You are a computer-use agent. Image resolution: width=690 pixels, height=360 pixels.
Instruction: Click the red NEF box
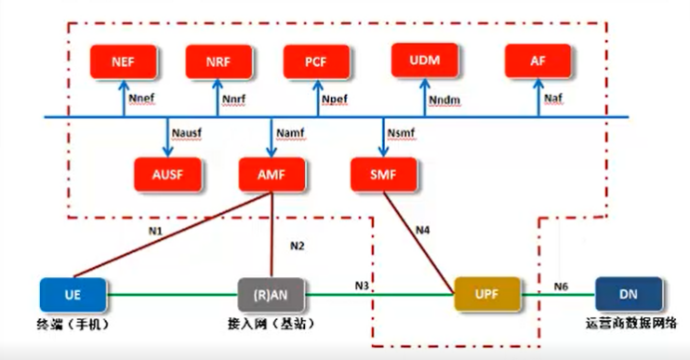[125, 62]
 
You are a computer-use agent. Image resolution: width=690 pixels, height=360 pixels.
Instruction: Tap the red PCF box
[317, 62]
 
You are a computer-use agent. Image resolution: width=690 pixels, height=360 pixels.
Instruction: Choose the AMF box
[270, 174]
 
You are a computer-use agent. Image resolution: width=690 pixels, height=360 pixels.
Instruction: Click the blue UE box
[73, 294]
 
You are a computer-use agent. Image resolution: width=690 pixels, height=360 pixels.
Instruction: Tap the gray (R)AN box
[270, 294]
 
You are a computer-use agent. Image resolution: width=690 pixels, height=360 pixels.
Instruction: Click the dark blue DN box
[627, 294]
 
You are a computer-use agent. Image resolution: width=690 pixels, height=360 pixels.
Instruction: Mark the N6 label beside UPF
[564, 284]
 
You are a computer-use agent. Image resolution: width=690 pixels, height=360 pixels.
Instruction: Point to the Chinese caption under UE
[73, 326]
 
